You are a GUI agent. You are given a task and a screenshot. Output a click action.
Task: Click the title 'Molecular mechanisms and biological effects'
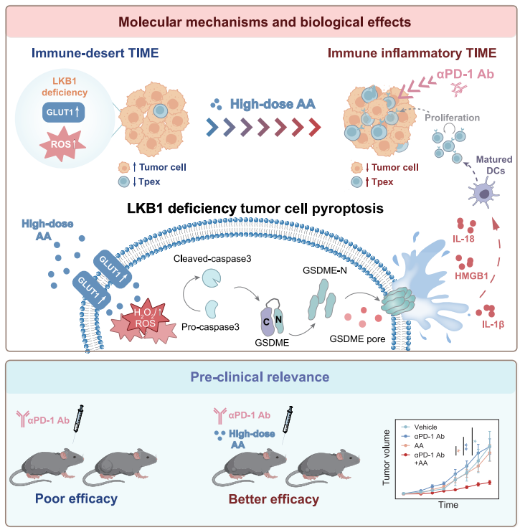(260, 22)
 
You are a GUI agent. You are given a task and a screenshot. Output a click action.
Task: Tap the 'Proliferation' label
(450, 117)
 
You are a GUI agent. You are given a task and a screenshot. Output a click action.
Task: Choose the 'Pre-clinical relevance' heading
(260, 376)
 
